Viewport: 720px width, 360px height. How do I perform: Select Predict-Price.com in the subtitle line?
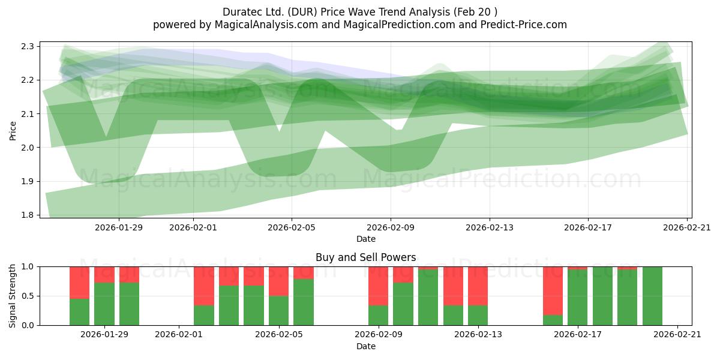[524, 25]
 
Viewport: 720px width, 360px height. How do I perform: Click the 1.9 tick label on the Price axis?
[28, 181]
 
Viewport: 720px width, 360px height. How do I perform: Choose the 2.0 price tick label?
[28, 148]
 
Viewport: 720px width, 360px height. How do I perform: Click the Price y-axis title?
[13, 131]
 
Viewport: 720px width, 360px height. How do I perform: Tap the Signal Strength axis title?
[12, 296]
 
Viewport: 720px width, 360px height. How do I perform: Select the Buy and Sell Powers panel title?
[366, 257]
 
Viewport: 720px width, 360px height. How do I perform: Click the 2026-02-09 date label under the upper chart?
[391, 227]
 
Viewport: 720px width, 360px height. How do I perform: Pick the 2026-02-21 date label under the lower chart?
[677, 334]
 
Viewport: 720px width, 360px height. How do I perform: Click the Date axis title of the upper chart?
[366, 239]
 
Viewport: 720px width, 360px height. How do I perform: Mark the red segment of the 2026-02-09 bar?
[379, 286]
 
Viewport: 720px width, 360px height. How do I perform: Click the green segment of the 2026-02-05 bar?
[278, 311]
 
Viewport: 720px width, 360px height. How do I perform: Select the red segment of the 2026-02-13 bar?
[478, 286]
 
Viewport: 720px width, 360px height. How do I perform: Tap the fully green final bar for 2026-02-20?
[653, 296]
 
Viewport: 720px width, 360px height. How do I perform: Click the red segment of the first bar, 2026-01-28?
[79, 283]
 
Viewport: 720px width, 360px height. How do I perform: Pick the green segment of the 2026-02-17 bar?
[578, 298]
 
